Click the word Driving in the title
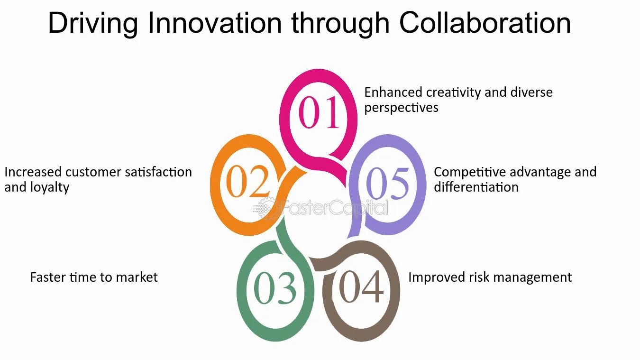point(93,24)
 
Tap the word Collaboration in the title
point(485,23)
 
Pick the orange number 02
point(248,181)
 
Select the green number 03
point(275,288)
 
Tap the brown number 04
point(361,286)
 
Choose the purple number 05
point(387,183)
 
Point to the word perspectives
point(401,108)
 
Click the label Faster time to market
point(94,277)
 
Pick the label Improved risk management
point(490,277)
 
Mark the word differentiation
point(476,187)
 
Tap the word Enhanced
point(393,92)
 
